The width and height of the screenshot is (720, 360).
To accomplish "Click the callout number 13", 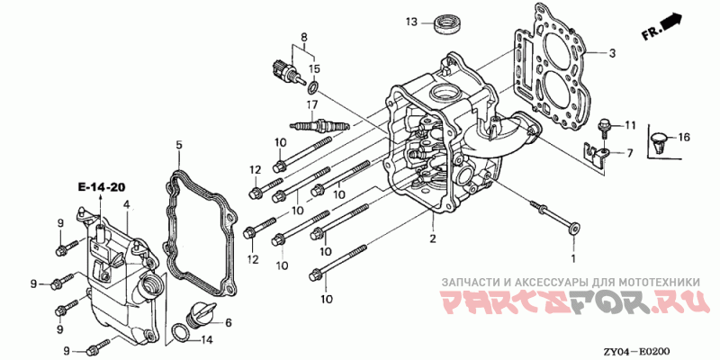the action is (411, 22).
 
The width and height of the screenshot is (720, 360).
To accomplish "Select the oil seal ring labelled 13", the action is (446, 23).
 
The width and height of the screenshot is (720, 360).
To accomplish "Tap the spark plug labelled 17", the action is (320, 124).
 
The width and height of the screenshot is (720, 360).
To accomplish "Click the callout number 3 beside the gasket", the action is (612, 53).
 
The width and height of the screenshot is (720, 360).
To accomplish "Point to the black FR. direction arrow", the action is (671, 21).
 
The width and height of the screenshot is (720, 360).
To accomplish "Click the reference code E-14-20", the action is (101, 187).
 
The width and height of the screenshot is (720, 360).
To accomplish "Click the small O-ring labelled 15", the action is (312, 86).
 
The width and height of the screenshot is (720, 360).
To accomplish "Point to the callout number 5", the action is (179, 145).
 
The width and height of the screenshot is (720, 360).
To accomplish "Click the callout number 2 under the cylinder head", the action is (433, 238).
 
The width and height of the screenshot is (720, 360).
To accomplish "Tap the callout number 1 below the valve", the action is (572, 259).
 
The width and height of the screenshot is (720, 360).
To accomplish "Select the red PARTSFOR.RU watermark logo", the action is (572, 303).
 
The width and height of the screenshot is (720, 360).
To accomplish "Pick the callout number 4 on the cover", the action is (126, 204).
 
